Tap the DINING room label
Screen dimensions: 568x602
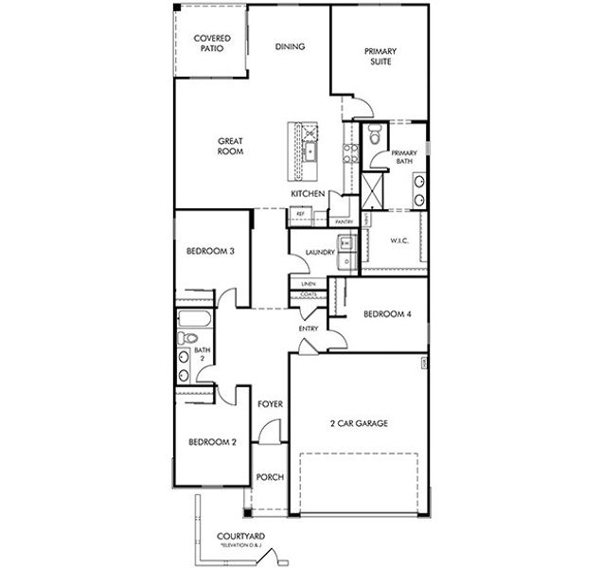coord(289,46)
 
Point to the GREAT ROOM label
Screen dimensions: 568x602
coord(231,146)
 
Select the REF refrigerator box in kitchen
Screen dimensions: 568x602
coord(300,214)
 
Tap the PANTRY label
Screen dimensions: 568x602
coord(344,222)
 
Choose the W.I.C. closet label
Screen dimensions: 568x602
coord(398,240)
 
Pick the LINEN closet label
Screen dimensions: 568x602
coord(309,283)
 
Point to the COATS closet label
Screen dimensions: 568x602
coord(309,294)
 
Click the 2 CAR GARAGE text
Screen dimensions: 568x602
coord(361,423)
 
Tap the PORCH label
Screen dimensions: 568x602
coord(270,477)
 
